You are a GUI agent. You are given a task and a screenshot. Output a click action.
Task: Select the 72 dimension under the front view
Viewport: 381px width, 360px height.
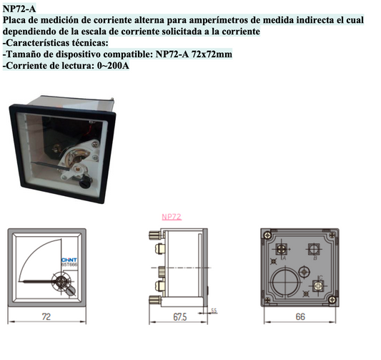(x=45, y=316)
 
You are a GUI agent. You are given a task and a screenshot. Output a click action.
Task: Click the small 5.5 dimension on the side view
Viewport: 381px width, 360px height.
(x=214, y=309)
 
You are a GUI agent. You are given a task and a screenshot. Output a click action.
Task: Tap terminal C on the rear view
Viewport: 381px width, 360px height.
(x=320, y=286)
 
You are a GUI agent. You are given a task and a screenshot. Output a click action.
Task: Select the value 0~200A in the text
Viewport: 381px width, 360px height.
(x=110, y=65)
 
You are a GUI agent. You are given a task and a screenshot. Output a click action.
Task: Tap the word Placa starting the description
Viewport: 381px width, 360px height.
(x=15, y=21)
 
